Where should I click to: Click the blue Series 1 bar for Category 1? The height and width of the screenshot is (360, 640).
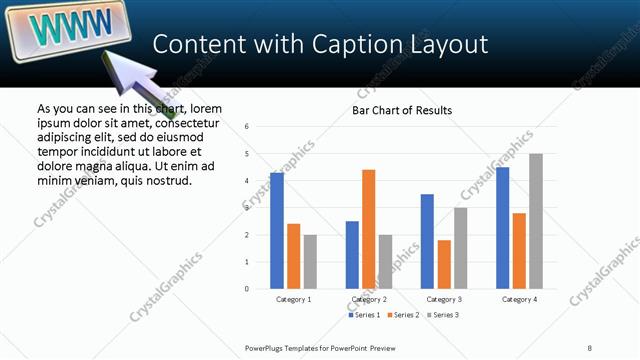click(x=277, y=231)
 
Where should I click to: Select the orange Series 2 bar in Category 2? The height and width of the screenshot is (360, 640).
click(x=368, y=229)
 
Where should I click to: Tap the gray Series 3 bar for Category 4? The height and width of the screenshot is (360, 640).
click(x=536, y=221)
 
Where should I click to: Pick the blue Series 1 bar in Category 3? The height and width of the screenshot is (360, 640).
click(x=427, y=241)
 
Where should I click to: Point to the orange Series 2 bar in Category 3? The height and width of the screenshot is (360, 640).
click(x=444, y=264)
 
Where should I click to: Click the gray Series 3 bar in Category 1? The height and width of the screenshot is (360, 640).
click(x=310, y=262)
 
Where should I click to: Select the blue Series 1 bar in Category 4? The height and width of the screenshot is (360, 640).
click(x=502, y=228)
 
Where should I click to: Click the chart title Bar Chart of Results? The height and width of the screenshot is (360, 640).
click(x=401, y=110)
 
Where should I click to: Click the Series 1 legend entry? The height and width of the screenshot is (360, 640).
click(x=362, y=315)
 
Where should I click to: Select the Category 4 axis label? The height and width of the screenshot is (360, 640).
click(x=519, y=299)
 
